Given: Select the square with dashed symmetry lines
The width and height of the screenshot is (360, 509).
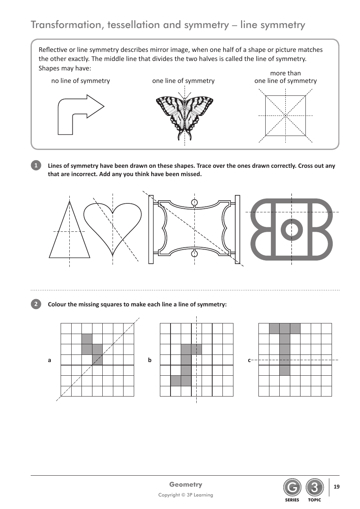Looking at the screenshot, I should click(x=285, y=116).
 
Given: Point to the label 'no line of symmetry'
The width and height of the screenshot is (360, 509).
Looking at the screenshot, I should click(x=80, y=81).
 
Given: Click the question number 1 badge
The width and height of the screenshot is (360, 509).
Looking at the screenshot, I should click(x=36, y=166).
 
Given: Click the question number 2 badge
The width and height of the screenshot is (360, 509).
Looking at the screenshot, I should click(x=36, y=304).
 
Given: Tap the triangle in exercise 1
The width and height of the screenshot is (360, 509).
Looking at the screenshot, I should click(x=69, y=235).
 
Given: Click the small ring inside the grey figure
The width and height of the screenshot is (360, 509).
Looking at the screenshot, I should click(x=291, y=229).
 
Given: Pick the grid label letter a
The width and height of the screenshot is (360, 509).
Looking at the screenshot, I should click(x=49, y=360).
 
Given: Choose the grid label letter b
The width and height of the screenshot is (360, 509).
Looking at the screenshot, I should click(x=150, y=360).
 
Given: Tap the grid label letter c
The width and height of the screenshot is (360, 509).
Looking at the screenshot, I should click(x=249, y=360).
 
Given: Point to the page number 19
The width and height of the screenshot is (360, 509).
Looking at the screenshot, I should click(x=337, y=487).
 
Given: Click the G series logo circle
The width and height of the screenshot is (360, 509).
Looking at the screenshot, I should click(x=292, y=488).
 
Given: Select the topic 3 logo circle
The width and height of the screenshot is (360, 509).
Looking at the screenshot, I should click(x=315, y=488).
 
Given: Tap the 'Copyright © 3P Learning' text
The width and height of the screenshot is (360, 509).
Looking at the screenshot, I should click(x=186, y=495).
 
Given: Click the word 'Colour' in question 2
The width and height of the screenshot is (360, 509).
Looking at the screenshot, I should click(x=57, y=304).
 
